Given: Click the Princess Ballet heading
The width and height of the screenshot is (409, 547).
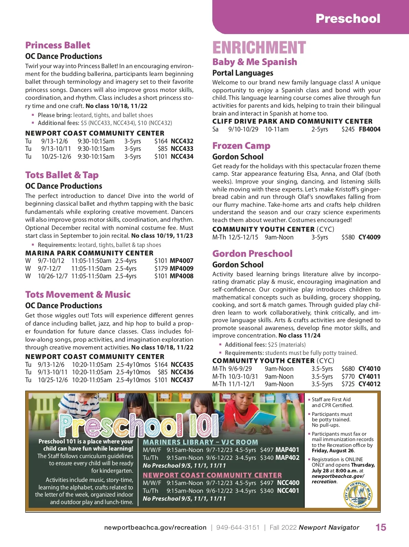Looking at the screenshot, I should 58,45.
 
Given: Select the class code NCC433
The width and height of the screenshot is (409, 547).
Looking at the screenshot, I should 182,149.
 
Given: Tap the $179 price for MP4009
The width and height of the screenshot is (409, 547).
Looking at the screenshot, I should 161,268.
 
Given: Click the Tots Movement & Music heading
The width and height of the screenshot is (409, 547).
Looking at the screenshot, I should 78,295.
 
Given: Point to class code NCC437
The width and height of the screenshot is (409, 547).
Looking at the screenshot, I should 182,380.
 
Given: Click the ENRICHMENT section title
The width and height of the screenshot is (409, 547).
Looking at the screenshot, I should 259,48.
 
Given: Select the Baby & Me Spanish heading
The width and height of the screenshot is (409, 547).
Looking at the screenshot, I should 255,62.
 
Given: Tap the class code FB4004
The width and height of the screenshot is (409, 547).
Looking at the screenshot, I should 369,129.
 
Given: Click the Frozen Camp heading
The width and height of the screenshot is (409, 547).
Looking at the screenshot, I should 241,146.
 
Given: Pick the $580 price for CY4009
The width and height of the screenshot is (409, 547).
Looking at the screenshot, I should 348,237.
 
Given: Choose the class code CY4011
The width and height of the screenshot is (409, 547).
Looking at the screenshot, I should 369,377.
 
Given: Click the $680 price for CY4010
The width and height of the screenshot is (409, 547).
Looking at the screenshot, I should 348,369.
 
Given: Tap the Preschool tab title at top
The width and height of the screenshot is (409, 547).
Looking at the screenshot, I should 348,18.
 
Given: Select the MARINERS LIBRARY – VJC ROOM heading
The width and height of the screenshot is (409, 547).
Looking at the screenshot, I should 200,442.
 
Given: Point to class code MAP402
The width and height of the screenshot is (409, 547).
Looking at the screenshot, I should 287,458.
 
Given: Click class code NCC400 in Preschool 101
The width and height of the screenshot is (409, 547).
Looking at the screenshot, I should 288,483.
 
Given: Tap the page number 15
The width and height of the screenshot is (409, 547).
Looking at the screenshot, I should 381,528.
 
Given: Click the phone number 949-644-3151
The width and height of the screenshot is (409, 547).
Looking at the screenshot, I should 238,528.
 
